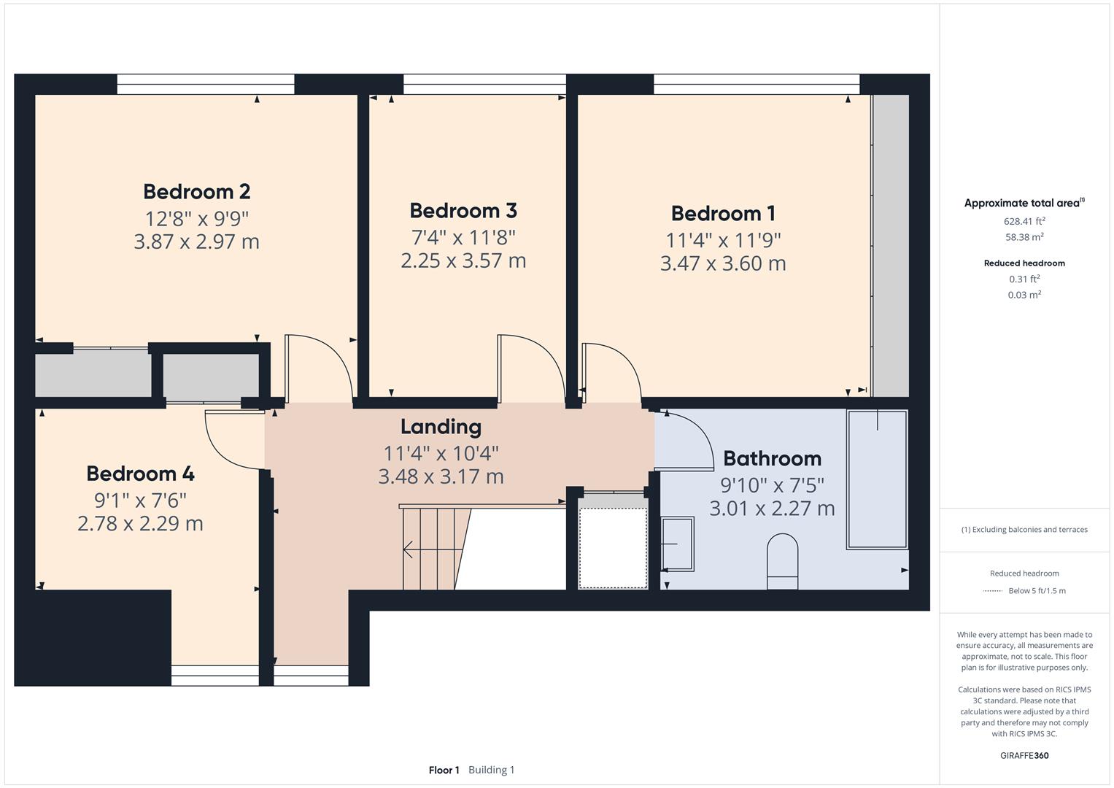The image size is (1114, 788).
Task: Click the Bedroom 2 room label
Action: point(196,192)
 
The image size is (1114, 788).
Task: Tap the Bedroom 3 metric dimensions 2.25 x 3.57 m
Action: point(463,260)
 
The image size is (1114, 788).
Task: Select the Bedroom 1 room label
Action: point(723,214)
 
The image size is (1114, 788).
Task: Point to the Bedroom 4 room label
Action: point(140,474)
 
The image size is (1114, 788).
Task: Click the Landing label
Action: point(441,427)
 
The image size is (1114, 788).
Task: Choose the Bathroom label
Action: point(772,459)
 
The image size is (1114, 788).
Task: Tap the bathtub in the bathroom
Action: point(876,479)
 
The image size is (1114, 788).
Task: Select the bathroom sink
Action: point(678,544)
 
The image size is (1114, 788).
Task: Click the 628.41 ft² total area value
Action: point(1024,221)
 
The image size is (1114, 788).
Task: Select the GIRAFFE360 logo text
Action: point(1024,755)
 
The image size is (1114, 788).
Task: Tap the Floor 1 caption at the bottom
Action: point(444,770)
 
